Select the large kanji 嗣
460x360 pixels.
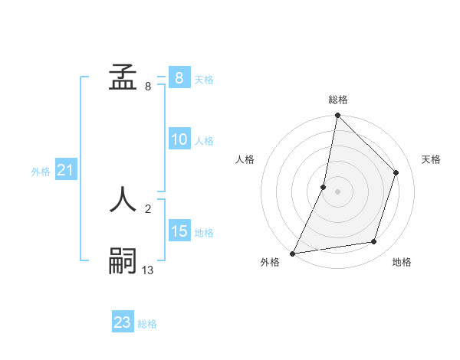123,261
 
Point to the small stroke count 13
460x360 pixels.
148,270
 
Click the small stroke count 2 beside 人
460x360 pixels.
148,208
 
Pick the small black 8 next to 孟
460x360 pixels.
148,87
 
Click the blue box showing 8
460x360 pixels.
179,78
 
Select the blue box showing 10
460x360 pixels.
179,139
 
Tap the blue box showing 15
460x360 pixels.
179,231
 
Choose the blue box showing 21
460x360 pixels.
65,170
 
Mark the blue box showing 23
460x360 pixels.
123,322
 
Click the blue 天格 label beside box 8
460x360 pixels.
204,79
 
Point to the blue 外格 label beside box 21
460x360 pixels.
41,172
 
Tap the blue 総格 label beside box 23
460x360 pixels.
147,324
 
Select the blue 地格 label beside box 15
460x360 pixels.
204,233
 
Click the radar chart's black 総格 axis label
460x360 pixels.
338,100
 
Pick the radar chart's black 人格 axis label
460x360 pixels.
245,159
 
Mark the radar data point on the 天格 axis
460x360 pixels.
396,172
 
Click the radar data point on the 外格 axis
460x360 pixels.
293,253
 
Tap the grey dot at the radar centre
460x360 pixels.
337,191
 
